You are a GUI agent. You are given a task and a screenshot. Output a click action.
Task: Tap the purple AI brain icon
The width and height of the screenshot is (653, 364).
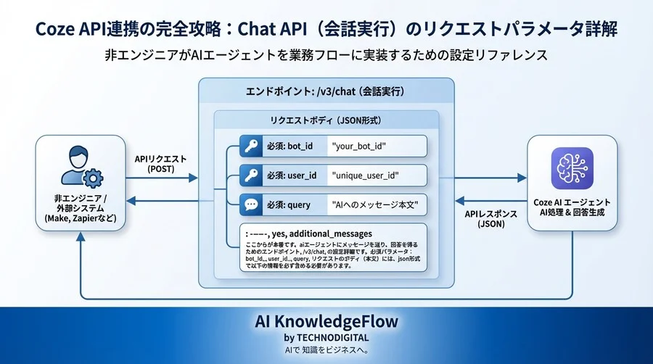pyautogui.click(x=572, y=168)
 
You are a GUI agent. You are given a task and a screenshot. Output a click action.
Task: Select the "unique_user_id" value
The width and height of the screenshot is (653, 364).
pyautogui.click(x=366, y=175)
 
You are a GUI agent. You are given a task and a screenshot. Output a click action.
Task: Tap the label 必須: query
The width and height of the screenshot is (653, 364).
pyautogui.click(x=289, y=205)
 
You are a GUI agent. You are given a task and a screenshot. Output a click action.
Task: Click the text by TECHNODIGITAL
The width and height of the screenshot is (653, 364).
pyautogui.click(x=326, y=337)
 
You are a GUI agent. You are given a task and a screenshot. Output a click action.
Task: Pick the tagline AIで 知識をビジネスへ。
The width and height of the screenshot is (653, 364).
pyautogui.click(x=326, y=350)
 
